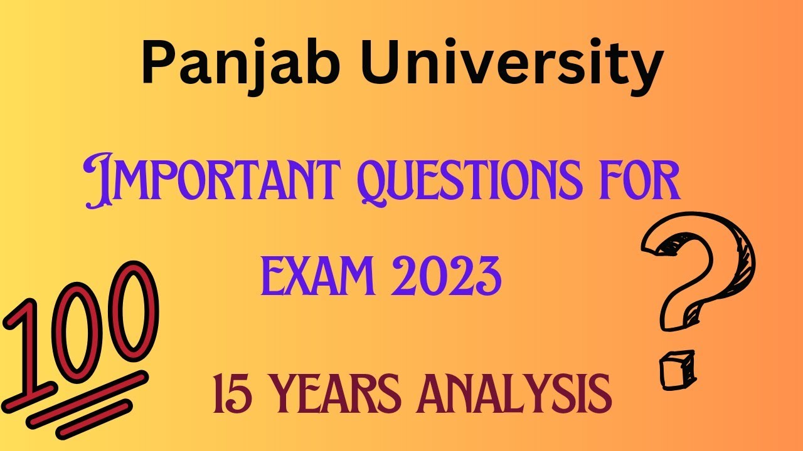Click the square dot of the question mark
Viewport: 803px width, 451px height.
[x=676, y=369]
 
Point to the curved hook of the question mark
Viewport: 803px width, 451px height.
[x=703, y=263]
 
